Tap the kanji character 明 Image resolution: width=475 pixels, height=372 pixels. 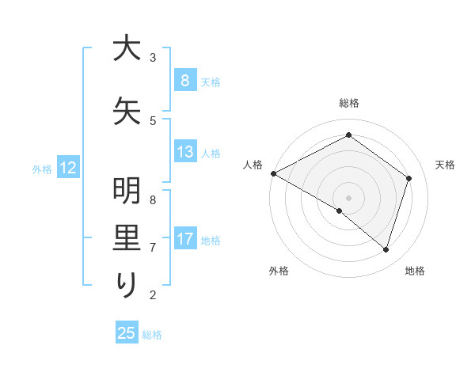127,192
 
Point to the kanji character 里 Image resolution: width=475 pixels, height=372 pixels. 127,238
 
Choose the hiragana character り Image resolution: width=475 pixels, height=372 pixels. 127,284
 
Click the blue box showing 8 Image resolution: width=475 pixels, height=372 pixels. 184,80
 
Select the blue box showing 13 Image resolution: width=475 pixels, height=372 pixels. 184,152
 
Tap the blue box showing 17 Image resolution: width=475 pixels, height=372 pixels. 184,239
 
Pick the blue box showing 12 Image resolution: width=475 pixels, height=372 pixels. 66,168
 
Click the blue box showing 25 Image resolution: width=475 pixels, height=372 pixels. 127,333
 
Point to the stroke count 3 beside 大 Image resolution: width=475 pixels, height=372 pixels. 153,57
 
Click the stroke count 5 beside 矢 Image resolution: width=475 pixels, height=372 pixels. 153,120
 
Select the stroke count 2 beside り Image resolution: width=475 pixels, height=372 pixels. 153,295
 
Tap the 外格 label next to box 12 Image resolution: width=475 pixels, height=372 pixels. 41,169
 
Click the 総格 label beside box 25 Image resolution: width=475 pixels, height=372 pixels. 152,334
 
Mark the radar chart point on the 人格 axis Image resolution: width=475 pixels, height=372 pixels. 273,173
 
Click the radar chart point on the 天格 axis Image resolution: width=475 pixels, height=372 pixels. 408,178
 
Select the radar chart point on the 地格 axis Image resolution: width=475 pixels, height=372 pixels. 386,249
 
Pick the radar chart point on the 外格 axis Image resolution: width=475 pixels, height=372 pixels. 340,211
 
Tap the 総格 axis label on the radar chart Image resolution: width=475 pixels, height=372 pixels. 348,103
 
